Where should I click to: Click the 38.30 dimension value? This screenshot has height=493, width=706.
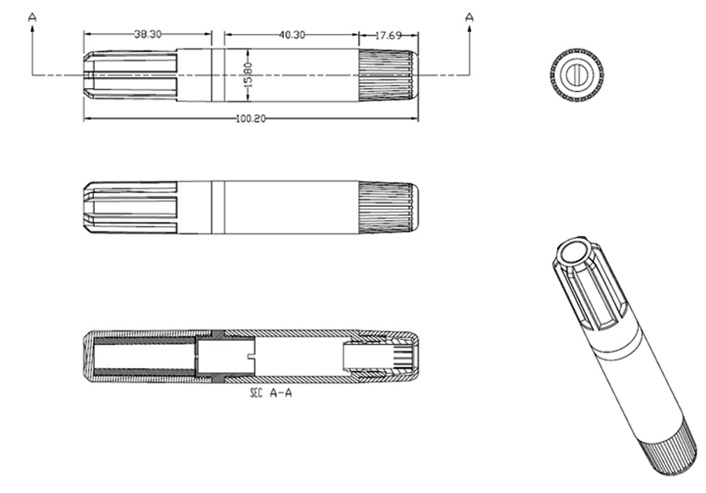tap(148, 34)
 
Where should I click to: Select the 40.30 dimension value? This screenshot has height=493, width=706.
tap(292, 34)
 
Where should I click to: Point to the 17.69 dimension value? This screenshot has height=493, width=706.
tap(388, 34)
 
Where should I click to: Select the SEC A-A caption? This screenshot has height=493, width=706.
tap(271, 393)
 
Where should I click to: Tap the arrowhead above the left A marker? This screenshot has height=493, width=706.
tap(32, 27)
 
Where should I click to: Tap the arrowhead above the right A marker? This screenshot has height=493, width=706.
tap(468, 27)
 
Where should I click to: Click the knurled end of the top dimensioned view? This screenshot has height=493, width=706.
tap(389, 75)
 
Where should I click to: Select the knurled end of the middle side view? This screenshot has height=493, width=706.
tap(389, 207)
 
